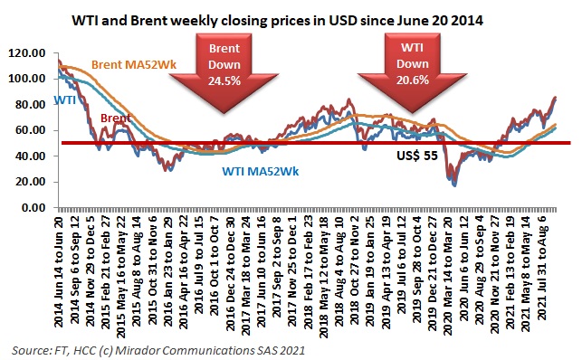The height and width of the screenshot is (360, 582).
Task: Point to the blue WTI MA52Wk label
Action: click(262, 169)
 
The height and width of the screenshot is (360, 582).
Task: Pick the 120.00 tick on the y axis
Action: click(33, 53)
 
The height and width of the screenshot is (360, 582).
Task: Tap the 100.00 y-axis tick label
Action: click(33, 79)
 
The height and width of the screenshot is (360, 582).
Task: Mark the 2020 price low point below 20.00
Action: click(453, 184)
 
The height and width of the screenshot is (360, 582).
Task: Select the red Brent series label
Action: click(114, 118)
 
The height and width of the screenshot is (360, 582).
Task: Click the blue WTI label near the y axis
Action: click(64, 100)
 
